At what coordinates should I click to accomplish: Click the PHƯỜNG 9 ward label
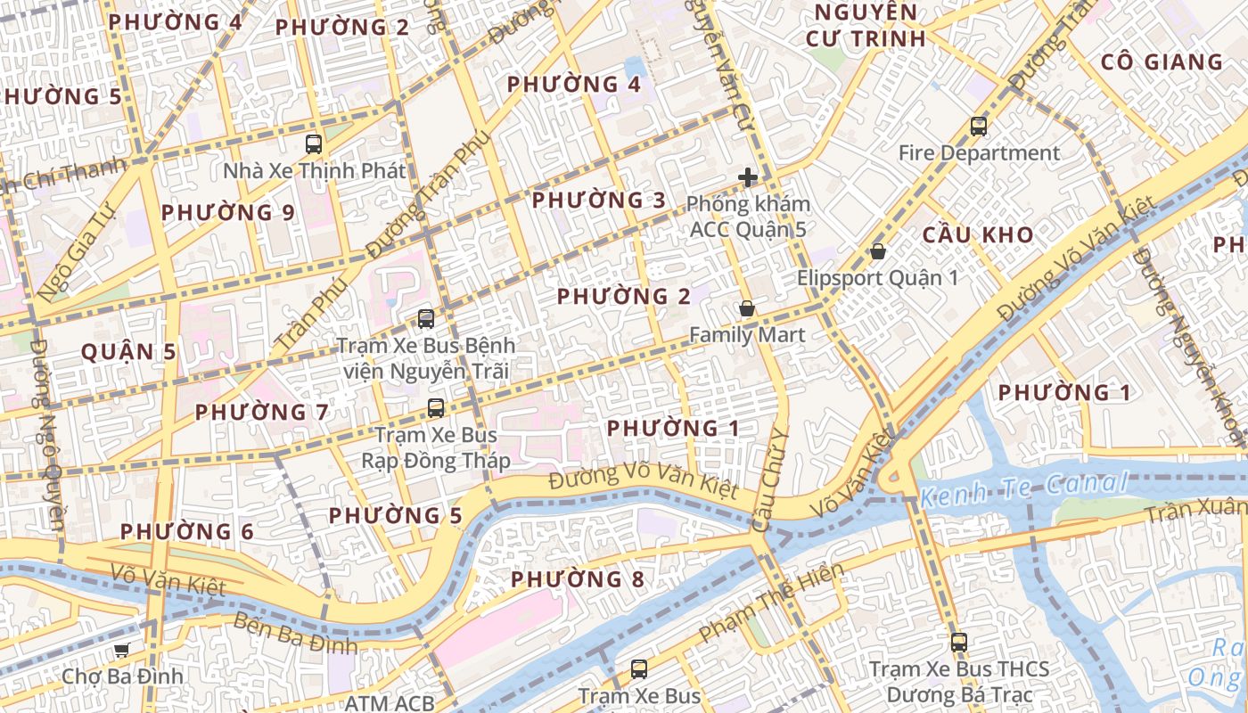(227, 213)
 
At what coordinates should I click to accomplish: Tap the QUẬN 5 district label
(128, 352)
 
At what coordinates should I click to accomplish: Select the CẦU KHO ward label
(977, 235)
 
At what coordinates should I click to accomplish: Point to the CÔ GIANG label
(1162, 62)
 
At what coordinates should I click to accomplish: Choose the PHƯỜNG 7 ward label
(262, 413)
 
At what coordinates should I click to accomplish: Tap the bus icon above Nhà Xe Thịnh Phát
(314, 143)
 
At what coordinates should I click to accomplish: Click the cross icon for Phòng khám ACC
(747, 178)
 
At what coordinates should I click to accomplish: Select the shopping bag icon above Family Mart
(747, 309)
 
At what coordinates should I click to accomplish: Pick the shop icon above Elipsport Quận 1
(878, 252)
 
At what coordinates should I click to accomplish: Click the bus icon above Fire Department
(979, 127)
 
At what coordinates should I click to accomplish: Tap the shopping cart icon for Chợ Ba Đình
(122, 651)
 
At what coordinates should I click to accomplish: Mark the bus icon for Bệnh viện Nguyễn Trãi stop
(426, 318)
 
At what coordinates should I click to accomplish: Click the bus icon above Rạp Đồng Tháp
(436, 408)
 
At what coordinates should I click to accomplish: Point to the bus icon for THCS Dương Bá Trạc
(959, 642)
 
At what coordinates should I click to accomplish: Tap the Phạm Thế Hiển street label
(770, 602)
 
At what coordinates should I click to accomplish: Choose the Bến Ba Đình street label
(295, 634)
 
